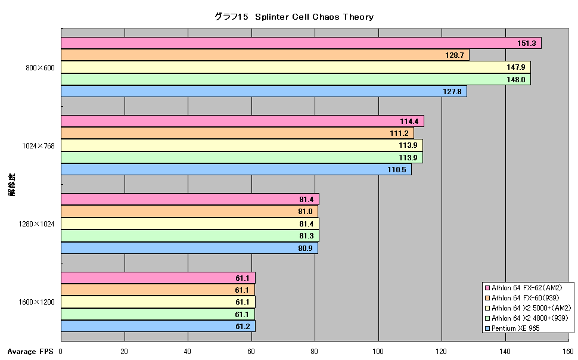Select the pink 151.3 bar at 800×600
tap(301, 43)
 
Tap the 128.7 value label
tap(455, 55)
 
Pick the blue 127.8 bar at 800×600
tap(264, 91)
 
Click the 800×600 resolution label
tap(40, 68)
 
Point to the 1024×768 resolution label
tap(38, 145)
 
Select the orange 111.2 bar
tap(237, 133)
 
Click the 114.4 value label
tap(409, 122)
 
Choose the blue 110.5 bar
tap(237, 169)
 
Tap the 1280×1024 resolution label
tap(36, 224)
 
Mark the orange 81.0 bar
tap(189, 212)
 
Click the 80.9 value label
tap(305, 248)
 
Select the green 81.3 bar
tap(190, 235)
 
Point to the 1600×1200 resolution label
tap(36, 302)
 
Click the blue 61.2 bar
tap(158, 326)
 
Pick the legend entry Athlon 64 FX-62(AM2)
tap(524, 288)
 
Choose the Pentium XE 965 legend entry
tap(513, 328)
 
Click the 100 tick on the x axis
tap(378, 352)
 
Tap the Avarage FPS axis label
tap(30, 352)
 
